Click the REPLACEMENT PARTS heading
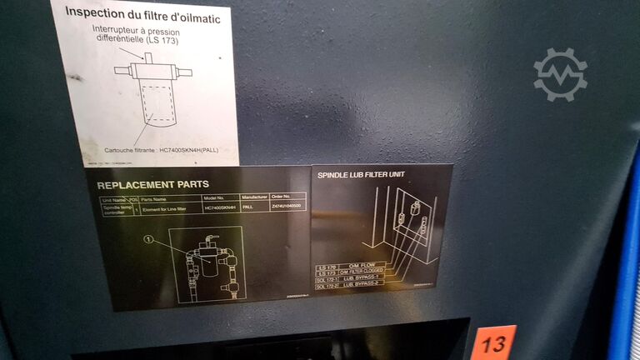coord(152,185)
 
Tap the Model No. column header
coord(220,197)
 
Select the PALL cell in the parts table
coord(248,206)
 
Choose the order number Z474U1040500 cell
coord(287,206)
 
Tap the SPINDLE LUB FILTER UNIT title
coord(362,175)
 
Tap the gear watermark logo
coord(560,74)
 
